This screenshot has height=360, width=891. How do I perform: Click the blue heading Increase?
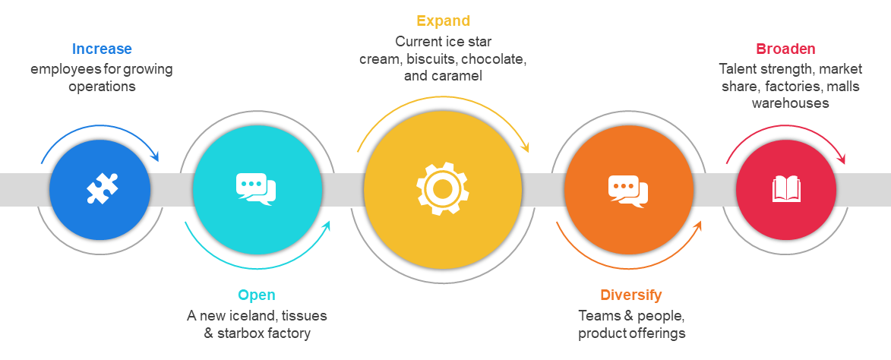102,49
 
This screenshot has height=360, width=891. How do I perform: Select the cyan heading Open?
257,295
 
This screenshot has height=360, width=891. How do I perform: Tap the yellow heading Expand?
444,21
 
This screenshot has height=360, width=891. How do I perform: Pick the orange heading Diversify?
630,295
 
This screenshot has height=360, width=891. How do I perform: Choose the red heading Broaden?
785,49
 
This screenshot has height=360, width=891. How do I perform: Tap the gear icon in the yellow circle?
443,189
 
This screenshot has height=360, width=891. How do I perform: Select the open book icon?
786,189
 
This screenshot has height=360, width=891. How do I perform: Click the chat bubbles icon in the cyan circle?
256,189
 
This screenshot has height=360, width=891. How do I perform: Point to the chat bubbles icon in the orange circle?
629,189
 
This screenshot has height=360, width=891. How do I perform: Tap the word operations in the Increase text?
102,87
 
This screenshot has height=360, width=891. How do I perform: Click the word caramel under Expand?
457,76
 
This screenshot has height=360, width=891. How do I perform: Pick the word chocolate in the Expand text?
494,58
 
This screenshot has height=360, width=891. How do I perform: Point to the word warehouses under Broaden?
790,103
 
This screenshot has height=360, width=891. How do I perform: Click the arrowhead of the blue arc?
155,157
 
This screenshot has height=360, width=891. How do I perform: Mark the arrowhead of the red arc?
841,159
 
